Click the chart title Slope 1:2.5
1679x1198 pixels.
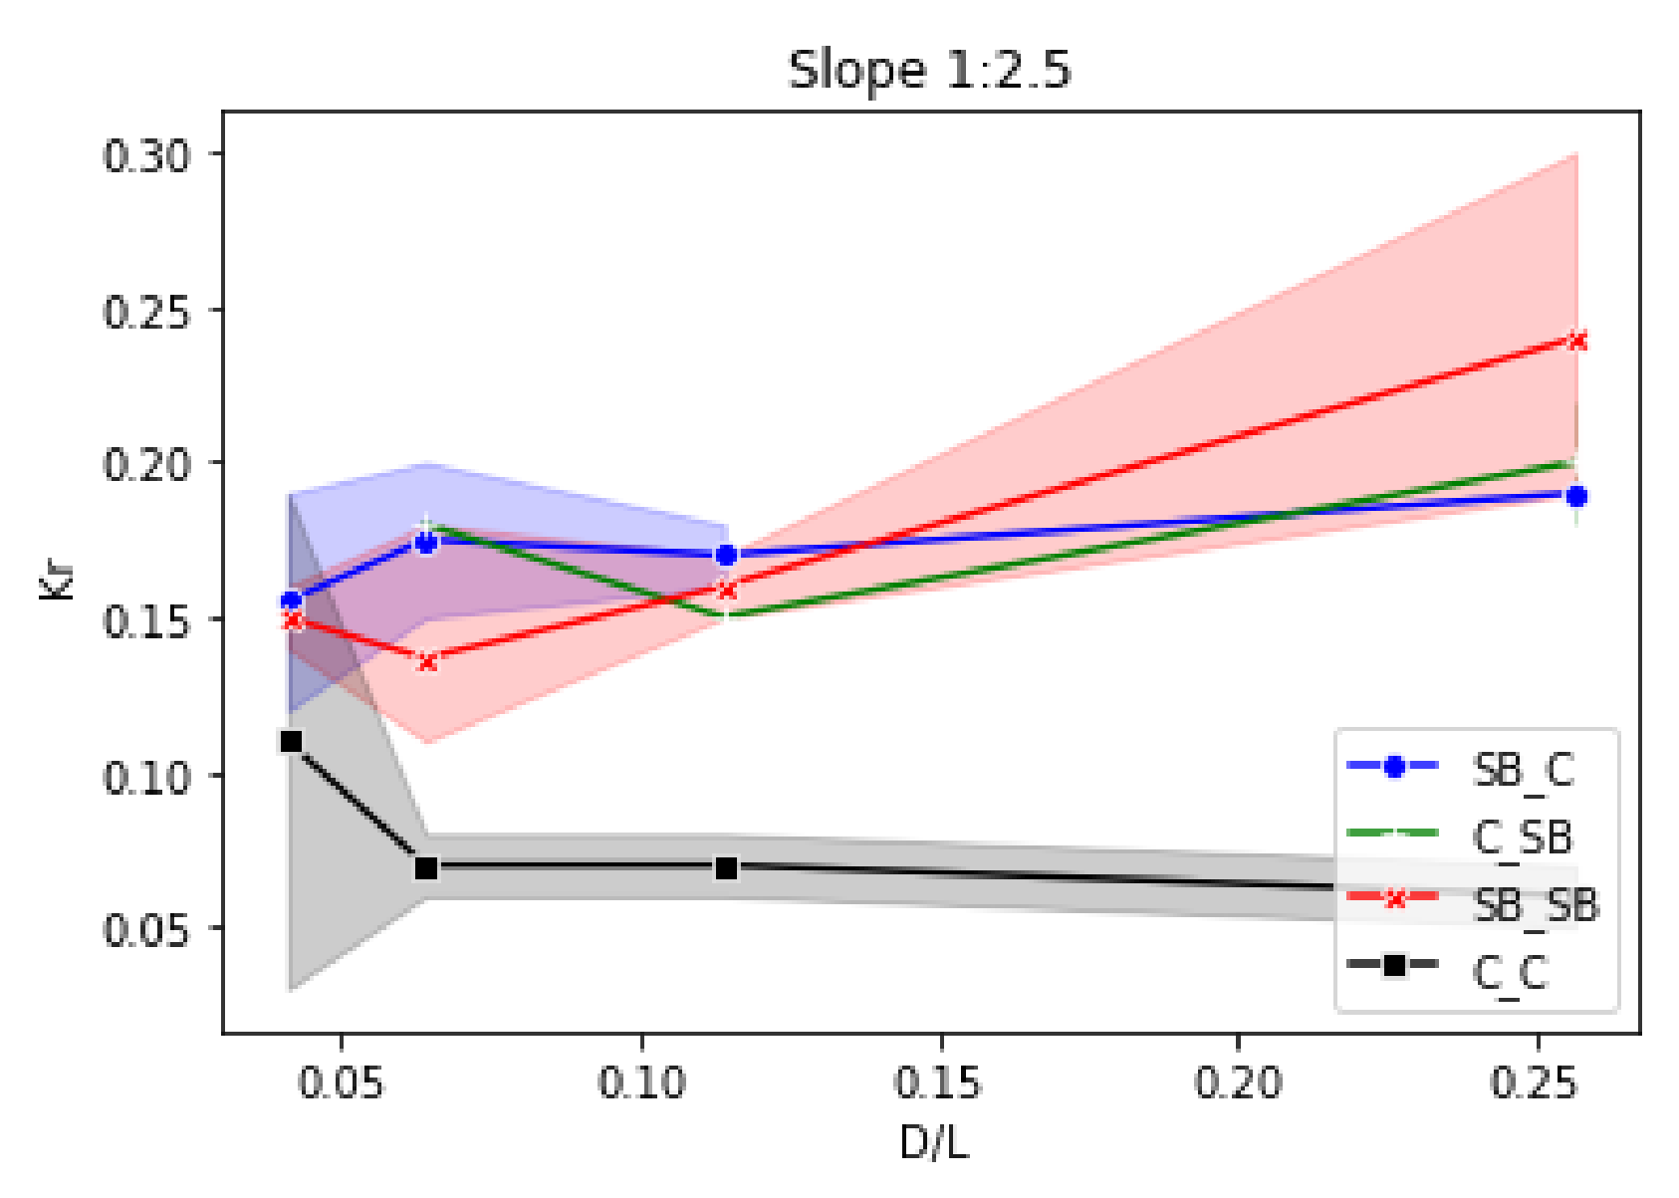pyautogui.click(x=928, y=71)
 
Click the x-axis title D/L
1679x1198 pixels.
pyautogui.click(x=933, y=1142)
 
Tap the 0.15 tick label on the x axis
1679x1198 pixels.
pyautogui.click(x=939, y=1082)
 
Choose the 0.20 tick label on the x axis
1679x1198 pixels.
pyautogui.click(x=1238, y=1082)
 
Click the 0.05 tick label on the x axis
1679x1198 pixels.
pyautogui.click(x=341, y=1082)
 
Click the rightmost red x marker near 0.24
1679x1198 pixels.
pyautogui.click(x=1576, y=341)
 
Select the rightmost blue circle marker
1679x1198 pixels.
pyautogui.click(x=1576, y=496)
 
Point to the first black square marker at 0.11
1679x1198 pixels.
pyautogui.click(x=291, y=742)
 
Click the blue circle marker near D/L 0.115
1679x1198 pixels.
pyautogui.click(x=726, y=555)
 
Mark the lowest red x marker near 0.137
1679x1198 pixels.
pyautogui.click(x=427, y=661)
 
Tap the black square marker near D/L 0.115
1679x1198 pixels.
pyautogui.click(x=726, y=868)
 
